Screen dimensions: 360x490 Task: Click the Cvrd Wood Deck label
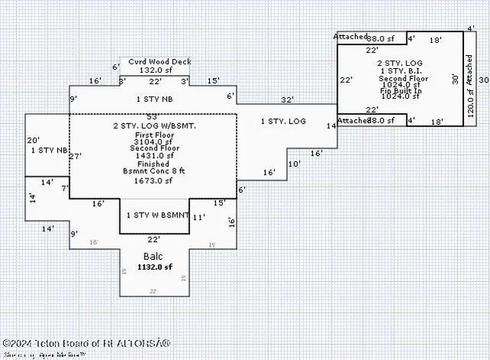[159, 61]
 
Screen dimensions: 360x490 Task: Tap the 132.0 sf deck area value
[155, 70]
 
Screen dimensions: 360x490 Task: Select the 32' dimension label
[287, 100]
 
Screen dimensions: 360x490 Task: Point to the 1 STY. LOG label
[283, 121]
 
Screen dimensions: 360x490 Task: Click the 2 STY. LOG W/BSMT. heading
[155, 125]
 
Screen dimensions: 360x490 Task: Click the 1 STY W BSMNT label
[158, 215]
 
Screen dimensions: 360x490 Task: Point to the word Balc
[152, 256]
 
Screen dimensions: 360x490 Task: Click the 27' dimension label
[75, 155]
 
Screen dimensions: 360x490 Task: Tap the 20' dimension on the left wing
[33, 140]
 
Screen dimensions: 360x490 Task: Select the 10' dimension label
[294, 164]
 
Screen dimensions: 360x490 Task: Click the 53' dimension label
[152, 116]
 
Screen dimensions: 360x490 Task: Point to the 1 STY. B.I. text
[400, 70]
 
